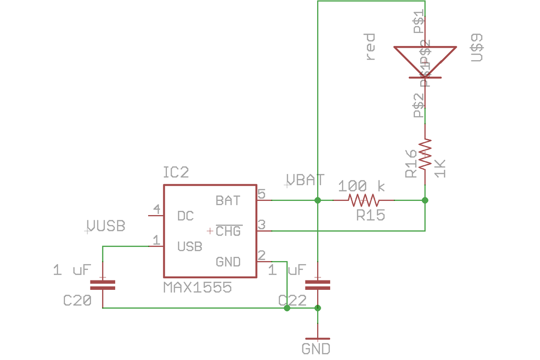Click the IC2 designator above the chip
click(x=176, y=173)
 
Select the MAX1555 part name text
click(x=197, y=287)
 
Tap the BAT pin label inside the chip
click(x=228, y=200)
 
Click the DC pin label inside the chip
click(x=186, y=216)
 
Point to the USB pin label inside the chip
click(x=189, y=246)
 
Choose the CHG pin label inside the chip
click(x=228, y=231)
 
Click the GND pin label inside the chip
click(x=228, y=262)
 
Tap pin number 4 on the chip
click(x=156, y=210)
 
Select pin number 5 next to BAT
click(x=262, y=194)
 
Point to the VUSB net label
click(x=106, y=226)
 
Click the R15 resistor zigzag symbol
click(x=364, y=200)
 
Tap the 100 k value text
click(x=361, y=186)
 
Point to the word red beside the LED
click(x=370, y=47)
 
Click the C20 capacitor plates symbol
click(x=102, y=285)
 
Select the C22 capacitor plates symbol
click(x=318, y=285)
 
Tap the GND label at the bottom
click(x=316, y=348)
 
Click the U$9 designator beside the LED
click(x=477, y=47)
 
